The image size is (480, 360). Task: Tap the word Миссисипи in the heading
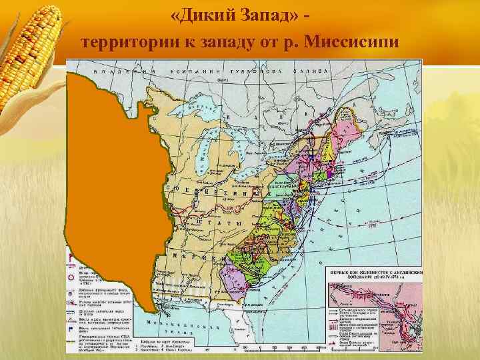[x=351, y=43]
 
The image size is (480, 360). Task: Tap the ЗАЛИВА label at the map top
[x=311, y=69]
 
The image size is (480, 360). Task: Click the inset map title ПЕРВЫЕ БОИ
[x=375, y=273]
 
